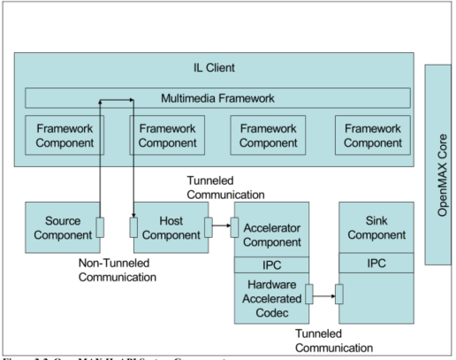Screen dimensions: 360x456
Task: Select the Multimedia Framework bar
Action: coord(217,98)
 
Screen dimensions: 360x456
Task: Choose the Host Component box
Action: coord(168,227)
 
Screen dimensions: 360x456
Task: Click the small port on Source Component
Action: coord(101,228)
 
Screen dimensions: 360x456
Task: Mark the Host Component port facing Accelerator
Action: coord(209,228)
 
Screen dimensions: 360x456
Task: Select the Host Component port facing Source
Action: coord(134,228)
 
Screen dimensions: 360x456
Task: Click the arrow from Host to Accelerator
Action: coord(221,228)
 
